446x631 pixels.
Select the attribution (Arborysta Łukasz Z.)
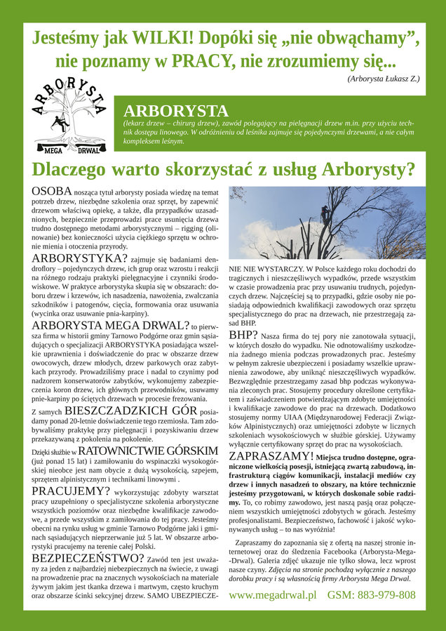(x=383, y=78)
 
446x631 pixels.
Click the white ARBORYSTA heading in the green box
(x=175, y=111)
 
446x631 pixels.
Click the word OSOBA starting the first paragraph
(x=53, y=192)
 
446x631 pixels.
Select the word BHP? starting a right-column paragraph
(x=244, y=335)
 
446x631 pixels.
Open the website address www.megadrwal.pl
(x=272, y=594)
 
